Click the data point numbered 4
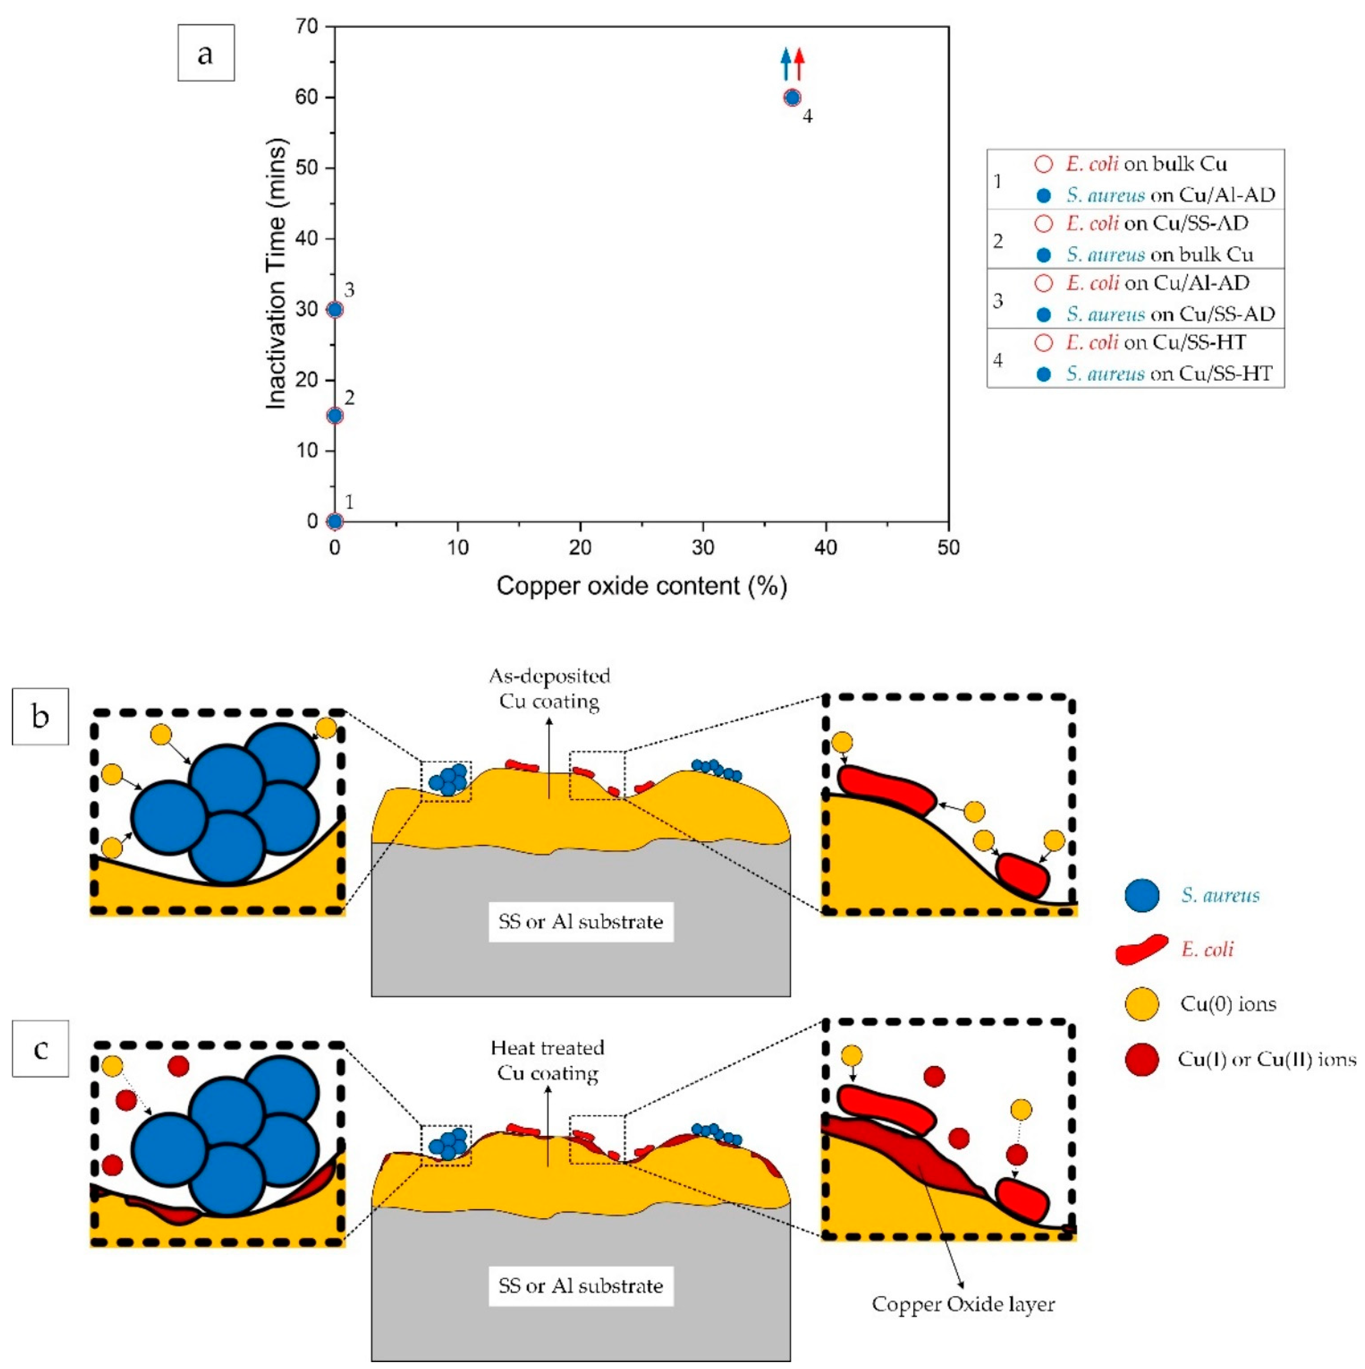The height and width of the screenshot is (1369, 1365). click(x=792, y=98)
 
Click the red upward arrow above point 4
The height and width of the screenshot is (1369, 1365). click(x=799, y=64)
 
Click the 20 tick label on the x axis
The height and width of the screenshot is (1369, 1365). click(x=580, y=548)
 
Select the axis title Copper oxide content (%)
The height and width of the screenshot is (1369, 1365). click(x=641, y=586)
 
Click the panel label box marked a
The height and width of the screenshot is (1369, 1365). click(x=205, y=53)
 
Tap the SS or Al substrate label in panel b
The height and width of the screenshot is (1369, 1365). click(x=580, y=922)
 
